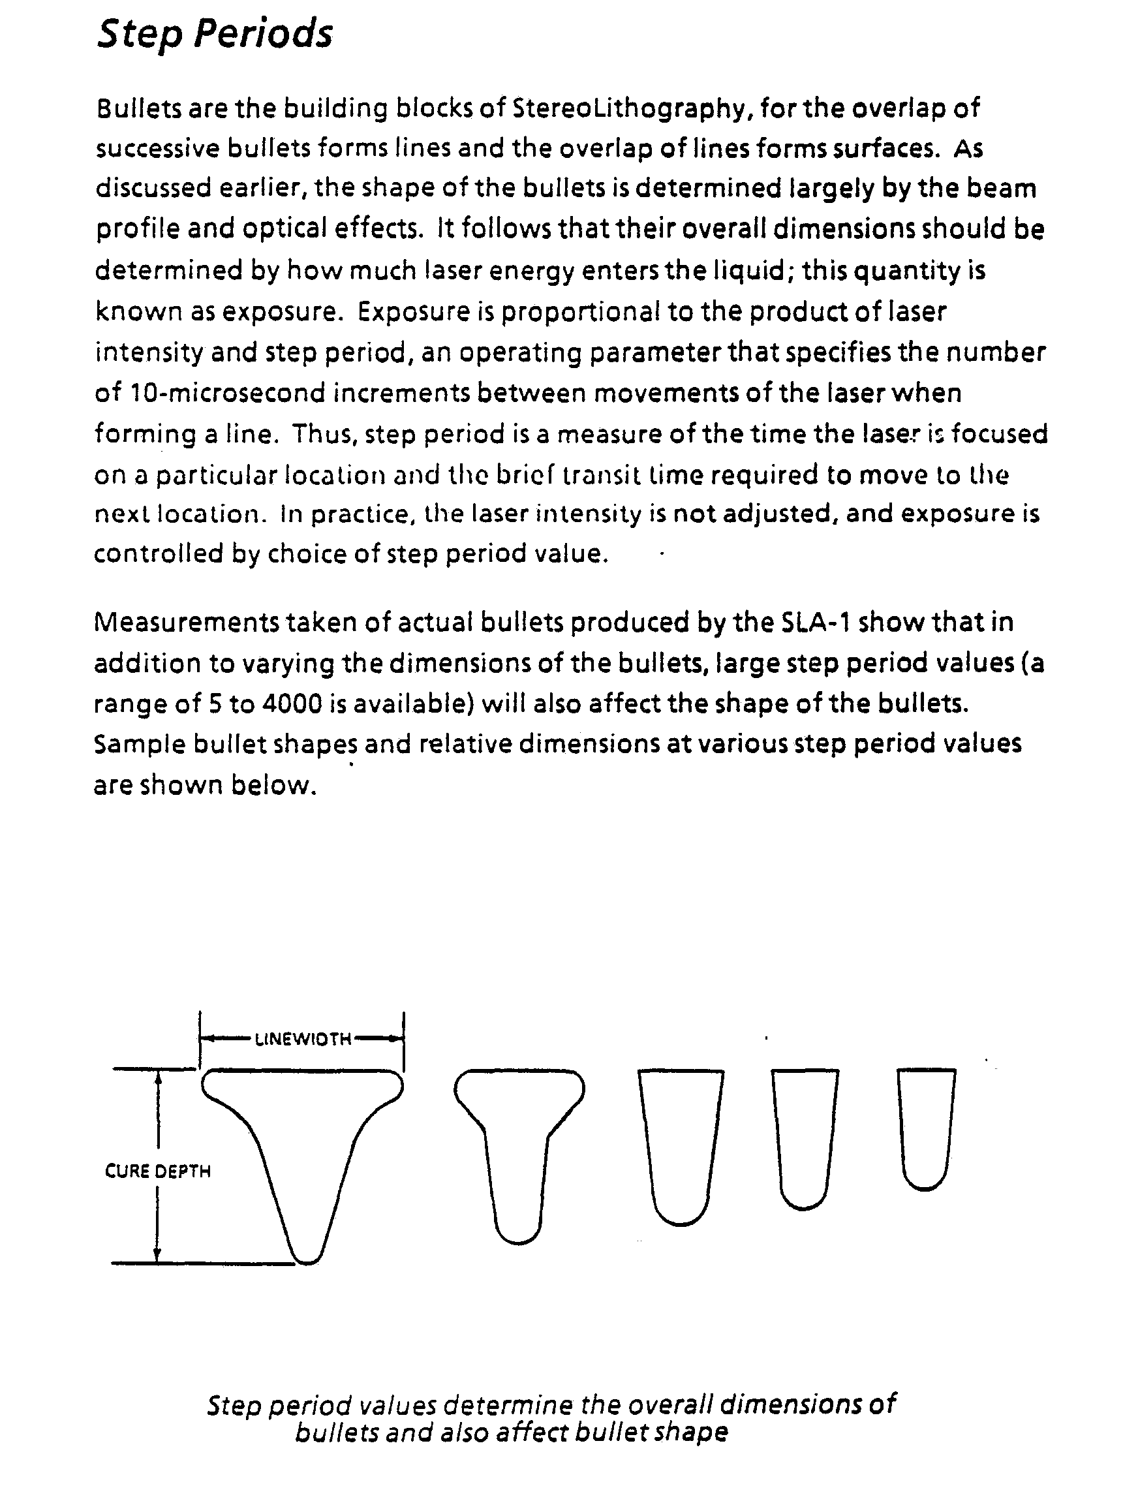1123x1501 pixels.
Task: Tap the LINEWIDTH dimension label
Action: (x=303, y=1039)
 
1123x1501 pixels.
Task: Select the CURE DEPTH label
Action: (x=157, y=1171)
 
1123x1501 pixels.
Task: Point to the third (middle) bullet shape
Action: (x=681, y=1140)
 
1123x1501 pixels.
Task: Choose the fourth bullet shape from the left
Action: (x=805, y=1133)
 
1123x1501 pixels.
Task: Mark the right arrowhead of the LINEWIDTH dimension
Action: (x=395, y=1038)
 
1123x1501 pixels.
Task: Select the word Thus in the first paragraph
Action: (x=324, y=434)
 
